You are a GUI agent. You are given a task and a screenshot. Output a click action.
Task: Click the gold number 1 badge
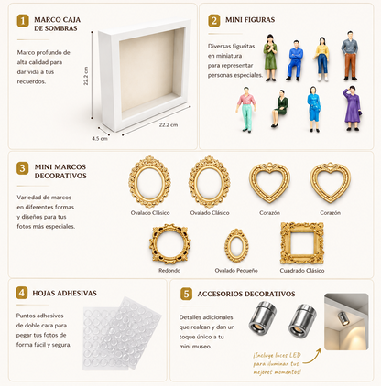(x=23, y=21)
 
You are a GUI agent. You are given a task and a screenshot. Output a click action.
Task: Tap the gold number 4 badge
(x=22, y=293)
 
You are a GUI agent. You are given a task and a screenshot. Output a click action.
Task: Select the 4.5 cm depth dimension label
(x=100, y=138)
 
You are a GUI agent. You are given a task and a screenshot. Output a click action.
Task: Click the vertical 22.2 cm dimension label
(x=86, y=76)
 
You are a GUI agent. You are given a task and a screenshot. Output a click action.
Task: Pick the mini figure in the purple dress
(x=353, y=108)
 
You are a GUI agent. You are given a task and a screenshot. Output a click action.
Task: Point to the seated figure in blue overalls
(x=295, y=60)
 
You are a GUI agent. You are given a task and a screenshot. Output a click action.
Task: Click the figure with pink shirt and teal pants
(x=246, y=109)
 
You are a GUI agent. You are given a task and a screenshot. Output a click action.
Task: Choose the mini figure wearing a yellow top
(x=321, y=59)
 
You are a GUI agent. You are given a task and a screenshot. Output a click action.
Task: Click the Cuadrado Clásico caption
(x=302, y=271)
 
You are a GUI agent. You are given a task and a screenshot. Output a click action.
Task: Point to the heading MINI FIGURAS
(x=250, y=20)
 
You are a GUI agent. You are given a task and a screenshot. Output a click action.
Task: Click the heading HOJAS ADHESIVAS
(x=64, y=294)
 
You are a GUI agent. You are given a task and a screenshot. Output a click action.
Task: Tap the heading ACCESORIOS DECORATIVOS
(x=246, y=294)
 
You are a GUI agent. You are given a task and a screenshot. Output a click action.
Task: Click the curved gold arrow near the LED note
(x=312, y=358)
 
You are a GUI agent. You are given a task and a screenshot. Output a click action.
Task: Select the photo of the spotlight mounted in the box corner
(x=346, y=322)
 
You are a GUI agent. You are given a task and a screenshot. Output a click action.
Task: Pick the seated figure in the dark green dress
(x=280, y=108)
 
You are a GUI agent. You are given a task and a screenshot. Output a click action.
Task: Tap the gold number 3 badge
(x=23, y=168)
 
